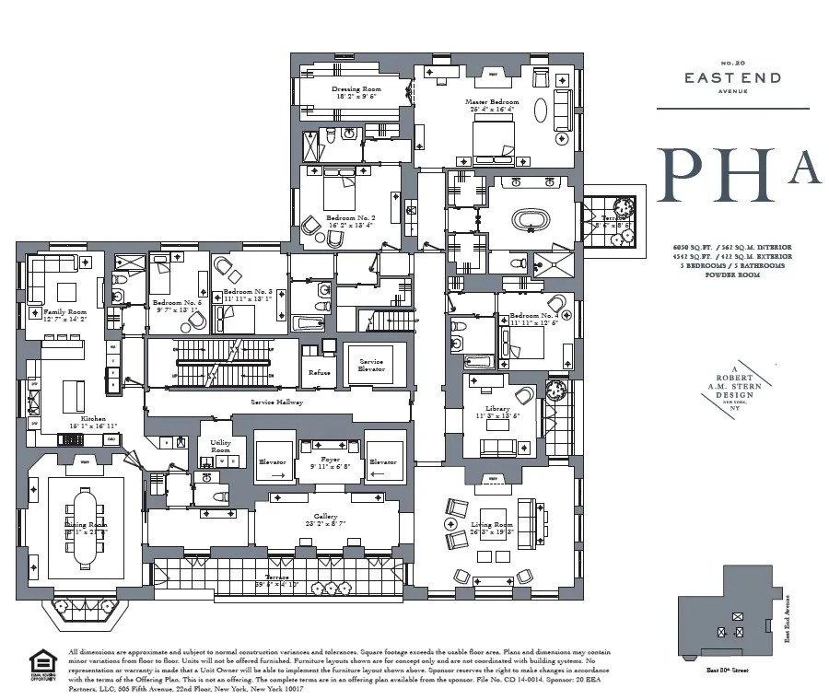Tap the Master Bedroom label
pos(492,102)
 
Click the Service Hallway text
pos(277,403)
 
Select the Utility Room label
pos(220,447)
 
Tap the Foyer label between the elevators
pos(330,460)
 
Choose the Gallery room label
pos(325,518)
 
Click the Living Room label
pos(492,525)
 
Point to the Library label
pos(496,409)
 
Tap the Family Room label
pos(64,312)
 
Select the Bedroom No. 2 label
pos(350,218)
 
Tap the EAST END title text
pos(732,78)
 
